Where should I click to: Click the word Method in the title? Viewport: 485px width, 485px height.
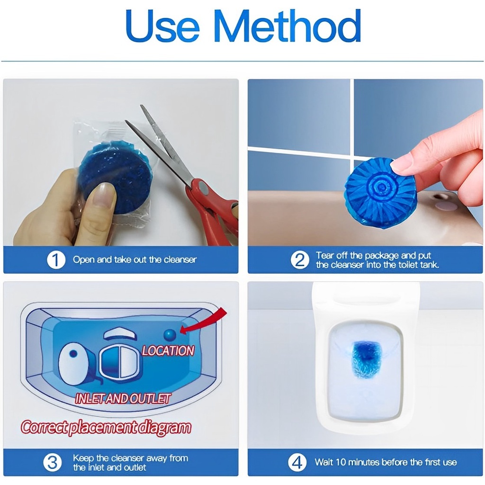pyautogui.click(x=287, y=26)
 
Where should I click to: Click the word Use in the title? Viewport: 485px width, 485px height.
pyautogui.click(x=162, y=26)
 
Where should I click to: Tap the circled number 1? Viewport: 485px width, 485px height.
pyautogui.click(x=56, y=260)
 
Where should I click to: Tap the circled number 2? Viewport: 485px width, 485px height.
pyautogui.click(x=300, y=260)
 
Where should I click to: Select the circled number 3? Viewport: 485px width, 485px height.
pyautogui.click(x=52, y=462)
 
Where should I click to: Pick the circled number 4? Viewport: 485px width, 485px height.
pyautogui.click(x=297, y=462)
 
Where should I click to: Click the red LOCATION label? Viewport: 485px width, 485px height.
pyautogui.click(x=168, y=350)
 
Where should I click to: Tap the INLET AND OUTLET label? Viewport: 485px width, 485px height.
pyautogui.click(x=123, y=399)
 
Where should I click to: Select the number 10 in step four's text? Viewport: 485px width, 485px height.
pyautogui.click(x=341, y=462)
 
